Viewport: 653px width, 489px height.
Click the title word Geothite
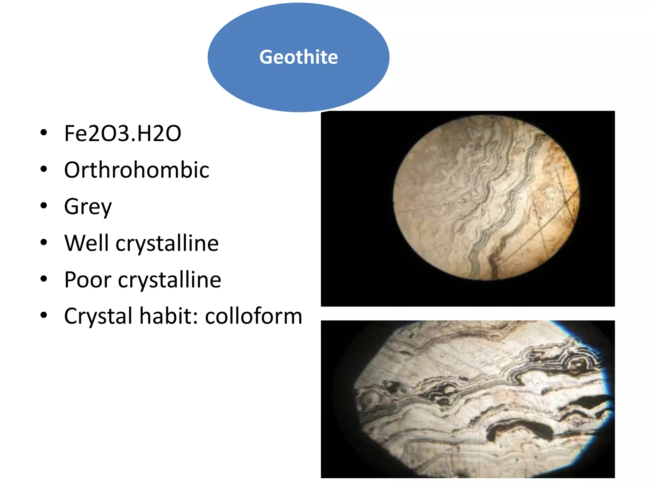point(298,57)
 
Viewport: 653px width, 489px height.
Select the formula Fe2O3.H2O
point(122,133)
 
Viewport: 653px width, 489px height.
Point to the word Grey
point(88,207)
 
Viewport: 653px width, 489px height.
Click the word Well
point(86,243)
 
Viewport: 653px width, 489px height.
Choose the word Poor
point(88,280)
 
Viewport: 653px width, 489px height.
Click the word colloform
point(253,316)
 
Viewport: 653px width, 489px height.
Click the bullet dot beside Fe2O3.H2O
point(44,133)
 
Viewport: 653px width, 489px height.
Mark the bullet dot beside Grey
point(44,206)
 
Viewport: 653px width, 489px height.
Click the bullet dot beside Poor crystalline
point(44,279)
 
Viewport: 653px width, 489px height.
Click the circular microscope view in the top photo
point(486,197)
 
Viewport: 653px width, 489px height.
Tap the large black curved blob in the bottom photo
point(523,428)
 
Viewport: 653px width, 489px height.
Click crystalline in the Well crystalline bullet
point(167,244)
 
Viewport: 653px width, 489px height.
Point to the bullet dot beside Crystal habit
point(44,315)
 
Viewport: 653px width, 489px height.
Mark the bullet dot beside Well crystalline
point(44,242)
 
